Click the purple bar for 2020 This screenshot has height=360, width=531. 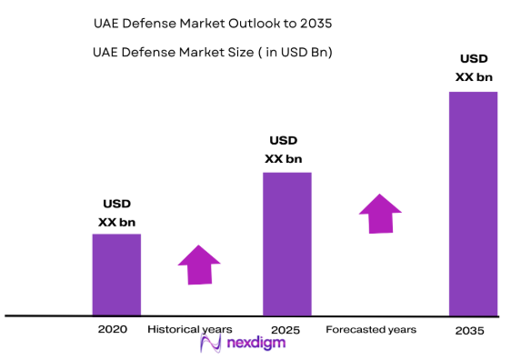[116, 275]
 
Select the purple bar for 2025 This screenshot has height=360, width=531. [287, 244]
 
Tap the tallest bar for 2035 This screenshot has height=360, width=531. [474, 204]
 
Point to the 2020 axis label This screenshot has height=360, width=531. [112, 329]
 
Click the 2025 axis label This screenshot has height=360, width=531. [286, 329]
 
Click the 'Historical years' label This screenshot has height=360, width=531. [190, 329]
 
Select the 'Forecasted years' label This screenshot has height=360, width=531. [371, 329]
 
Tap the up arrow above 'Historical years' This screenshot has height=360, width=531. [199, 265]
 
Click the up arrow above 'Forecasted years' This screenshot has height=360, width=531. [381, 213]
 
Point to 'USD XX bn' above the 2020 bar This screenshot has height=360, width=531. [117, 213]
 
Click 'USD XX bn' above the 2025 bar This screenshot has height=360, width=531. [284, 150]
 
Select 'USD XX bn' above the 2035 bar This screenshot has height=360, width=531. [473, 68]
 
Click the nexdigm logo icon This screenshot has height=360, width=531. [211, 344]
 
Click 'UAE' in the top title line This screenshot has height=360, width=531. [107, 21]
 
